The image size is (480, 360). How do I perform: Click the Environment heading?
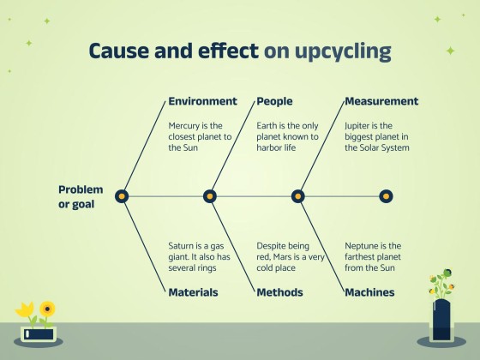point(202,101)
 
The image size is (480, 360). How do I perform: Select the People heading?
point(274,101)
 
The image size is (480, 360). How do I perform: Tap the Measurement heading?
point(381,101)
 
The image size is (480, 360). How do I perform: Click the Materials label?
point(193,292)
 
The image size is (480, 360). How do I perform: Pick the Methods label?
point(279,292)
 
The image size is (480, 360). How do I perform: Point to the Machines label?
point(369,292)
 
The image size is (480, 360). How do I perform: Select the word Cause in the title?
point(119,51)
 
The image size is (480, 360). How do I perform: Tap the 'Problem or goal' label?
point(81,196)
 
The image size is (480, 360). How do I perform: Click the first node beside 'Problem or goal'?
point(122,196)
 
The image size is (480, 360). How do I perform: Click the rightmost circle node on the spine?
point(386,196)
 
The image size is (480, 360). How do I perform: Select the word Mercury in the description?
point(184,125)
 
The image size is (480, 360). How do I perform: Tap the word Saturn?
point(183,246)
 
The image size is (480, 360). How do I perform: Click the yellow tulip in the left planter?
point(26,309)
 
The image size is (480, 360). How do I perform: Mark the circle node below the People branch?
point(210,196)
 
